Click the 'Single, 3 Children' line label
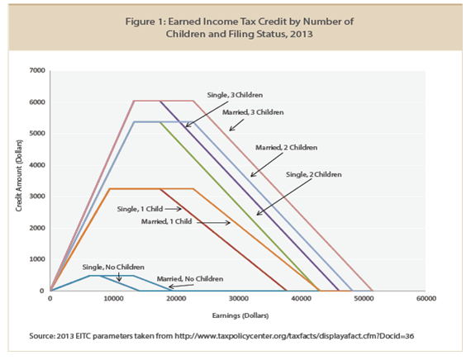click(x=235, y=95)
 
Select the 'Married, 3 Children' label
click(x=253, y=112)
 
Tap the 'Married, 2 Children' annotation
click(x=286, y=148)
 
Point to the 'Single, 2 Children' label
click(x=313, y=174)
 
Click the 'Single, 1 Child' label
click(x=140, y=209)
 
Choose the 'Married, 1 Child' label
click(x=166, y=221)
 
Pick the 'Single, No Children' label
click(x=113, y=268)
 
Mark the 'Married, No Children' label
click(x=190, y=279)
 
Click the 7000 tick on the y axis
click(x=37, y=70)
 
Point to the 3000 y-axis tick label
click(x=37, y=197)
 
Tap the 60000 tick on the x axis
click(x=426, y=298)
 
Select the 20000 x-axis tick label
click(x=176, y=298)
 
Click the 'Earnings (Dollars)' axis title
click(x=240, y=315)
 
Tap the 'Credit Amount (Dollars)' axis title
click(x=19, y=176)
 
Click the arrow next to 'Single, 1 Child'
click(x=173, y=209)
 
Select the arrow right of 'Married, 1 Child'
click(x=214, y=223)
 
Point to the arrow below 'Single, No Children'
click(x=119, y=277)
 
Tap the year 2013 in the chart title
click(x=301, y=34)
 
